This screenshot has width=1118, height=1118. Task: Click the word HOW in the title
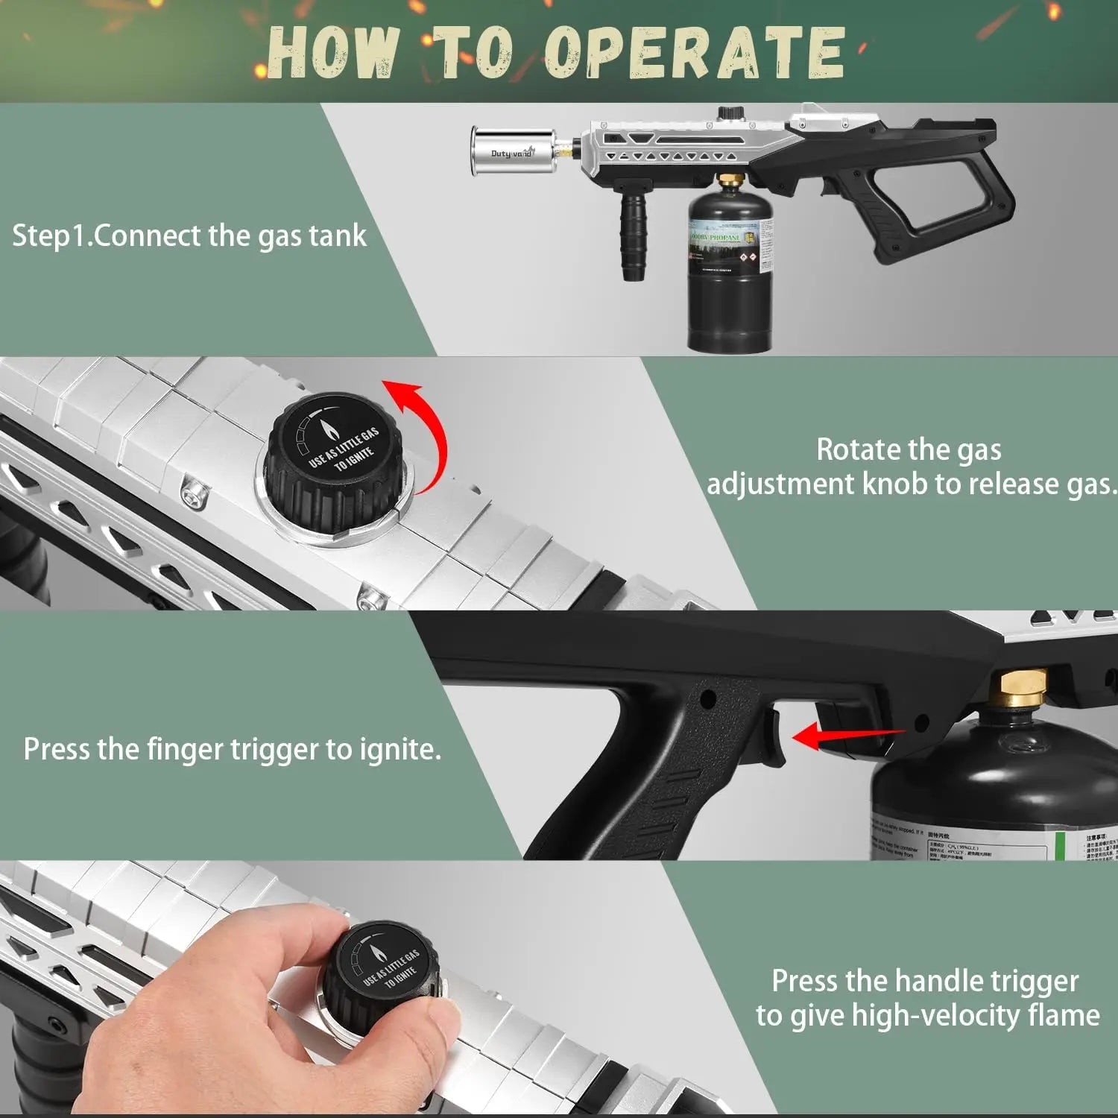[330, 52]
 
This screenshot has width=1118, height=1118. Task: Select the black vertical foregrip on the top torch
[634, 239]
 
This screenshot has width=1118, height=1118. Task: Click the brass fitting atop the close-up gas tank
[1023, 687]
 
